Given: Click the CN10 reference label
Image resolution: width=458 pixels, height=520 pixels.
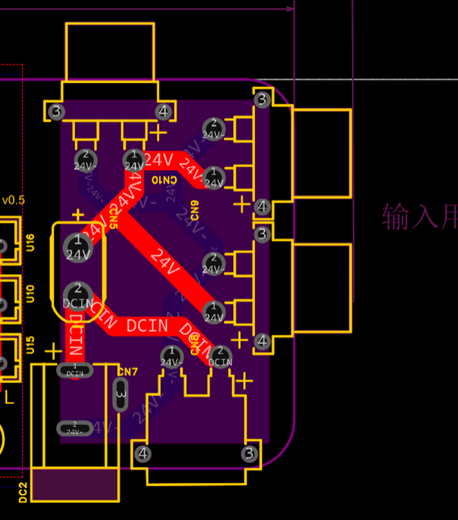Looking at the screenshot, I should point(164,180).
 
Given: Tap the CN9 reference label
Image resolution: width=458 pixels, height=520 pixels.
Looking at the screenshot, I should point(194,210).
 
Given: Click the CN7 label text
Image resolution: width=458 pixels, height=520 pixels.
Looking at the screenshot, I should point(127,373).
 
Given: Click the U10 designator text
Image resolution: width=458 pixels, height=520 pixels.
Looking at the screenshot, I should point(30,293).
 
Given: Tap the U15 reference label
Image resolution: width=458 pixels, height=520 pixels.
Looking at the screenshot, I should point(30,345).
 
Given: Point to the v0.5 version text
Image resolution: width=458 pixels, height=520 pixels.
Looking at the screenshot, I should point(13,200).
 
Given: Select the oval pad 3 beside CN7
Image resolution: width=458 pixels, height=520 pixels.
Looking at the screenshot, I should point(121,395).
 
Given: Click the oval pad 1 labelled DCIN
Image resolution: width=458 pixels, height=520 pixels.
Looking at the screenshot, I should point(75,370).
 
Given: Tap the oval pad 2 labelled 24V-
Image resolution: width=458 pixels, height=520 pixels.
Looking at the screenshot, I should point(75,428).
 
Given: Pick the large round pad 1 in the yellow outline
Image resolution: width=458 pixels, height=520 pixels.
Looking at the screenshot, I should point(78,246).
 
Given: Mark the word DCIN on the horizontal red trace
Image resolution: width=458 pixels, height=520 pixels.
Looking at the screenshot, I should point(147,325).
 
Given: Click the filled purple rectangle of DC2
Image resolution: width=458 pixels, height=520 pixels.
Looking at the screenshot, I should point(74,485).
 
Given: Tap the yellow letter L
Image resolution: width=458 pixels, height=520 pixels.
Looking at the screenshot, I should point(9,398).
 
